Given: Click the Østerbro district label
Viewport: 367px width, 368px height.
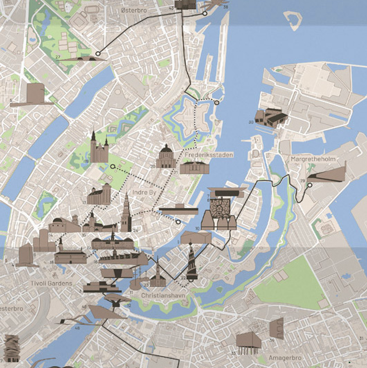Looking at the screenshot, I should click(x=134, y=10).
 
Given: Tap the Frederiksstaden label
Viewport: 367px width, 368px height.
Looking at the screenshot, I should click(x=209, y=155).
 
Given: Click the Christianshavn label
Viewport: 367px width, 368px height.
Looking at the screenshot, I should click(x=163, y=296).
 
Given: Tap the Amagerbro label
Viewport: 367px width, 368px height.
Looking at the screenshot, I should click(x=285, y=358).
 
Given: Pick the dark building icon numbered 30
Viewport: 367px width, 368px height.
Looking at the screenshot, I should click(x=271, y=118).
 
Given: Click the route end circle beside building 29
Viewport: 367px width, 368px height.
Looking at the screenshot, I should click(x=310, y=185).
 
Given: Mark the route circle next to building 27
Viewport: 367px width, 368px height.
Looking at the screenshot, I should click(x=98, y=54).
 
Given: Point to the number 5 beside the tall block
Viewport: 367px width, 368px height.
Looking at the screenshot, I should click(x=11, y=100).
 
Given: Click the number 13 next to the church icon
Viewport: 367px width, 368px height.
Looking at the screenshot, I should click(x=84, y=202).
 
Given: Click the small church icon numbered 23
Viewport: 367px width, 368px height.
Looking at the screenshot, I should click(x=158, y=276).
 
